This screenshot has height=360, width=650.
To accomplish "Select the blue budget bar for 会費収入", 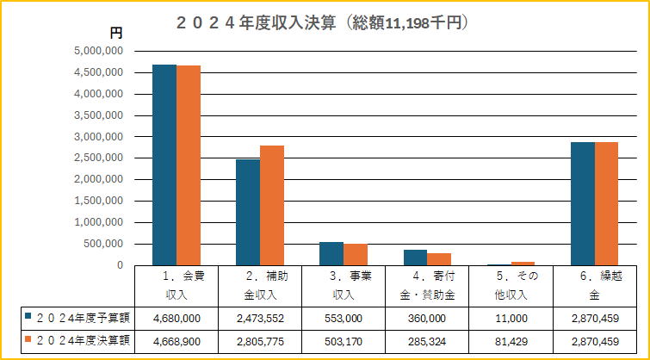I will [164, 164].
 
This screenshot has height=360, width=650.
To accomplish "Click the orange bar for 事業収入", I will [356, 254].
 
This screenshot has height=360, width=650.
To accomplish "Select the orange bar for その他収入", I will [523, 263].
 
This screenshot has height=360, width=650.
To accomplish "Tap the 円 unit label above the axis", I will [116, 33].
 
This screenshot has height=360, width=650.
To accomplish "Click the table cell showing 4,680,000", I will [176, 317].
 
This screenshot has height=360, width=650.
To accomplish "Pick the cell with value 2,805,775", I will [260, 340].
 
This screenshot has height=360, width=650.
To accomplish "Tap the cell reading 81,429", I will [511, 340].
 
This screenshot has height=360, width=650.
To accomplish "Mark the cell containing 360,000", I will [428, 317].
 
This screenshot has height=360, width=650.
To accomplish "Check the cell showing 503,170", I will [344, 340].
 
